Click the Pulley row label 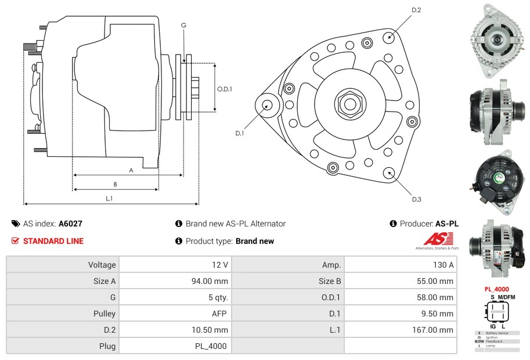click(x=104, y=314)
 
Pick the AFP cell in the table click(x=220, y=314)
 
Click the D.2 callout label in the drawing click(x=416, y=10)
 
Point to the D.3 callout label click(x=416, y=199)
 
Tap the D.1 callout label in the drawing click(x=240, y=133)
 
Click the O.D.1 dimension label click(x=225, y=89)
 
